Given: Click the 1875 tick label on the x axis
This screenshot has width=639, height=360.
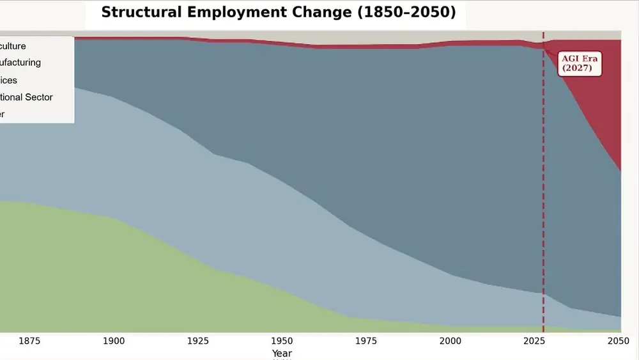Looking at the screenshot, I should coord(29,341).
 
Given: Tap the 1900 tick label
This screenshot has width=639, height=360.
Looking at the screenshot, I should coord(114,341).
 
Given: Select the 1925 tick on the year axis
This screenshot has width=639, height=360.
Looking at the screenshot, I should coord(198,341).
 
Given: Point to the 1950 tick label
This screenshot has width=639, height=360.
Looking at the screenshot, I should coord(282,341).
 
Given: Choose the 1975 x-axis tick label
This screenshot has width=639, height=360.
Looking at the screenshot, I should coord(366,341).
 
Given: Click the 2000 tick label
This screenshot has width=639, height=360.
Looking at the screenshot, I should coord(450,341).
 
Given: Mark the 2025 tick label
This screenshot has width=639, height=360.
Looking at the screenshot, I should coord(535,341).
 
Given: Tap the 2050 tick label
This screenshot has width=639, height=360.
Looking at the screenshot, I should coord(619,341).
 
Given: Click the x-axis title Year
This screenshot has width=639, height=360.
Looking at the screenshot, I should coord(282,353).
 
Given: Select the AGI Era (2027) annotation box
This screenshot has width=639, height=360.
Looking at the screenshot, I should coord(580,63).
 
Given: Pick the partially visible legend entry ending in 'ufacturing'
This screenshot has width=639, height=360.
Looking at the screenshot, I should coord(20,63).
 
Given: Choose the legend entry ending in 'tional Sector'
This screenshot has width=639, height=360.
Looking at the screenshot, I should coord(26,97).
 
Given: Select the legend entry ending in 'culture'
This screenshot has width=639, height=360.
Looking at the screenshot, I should coord(13,46).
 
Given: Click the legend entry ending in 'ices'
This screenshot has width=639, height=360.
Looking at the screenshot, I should coord(9,81).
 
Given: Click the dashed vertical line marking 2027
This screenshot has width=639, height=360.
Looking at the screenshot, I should coord(544,192).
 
